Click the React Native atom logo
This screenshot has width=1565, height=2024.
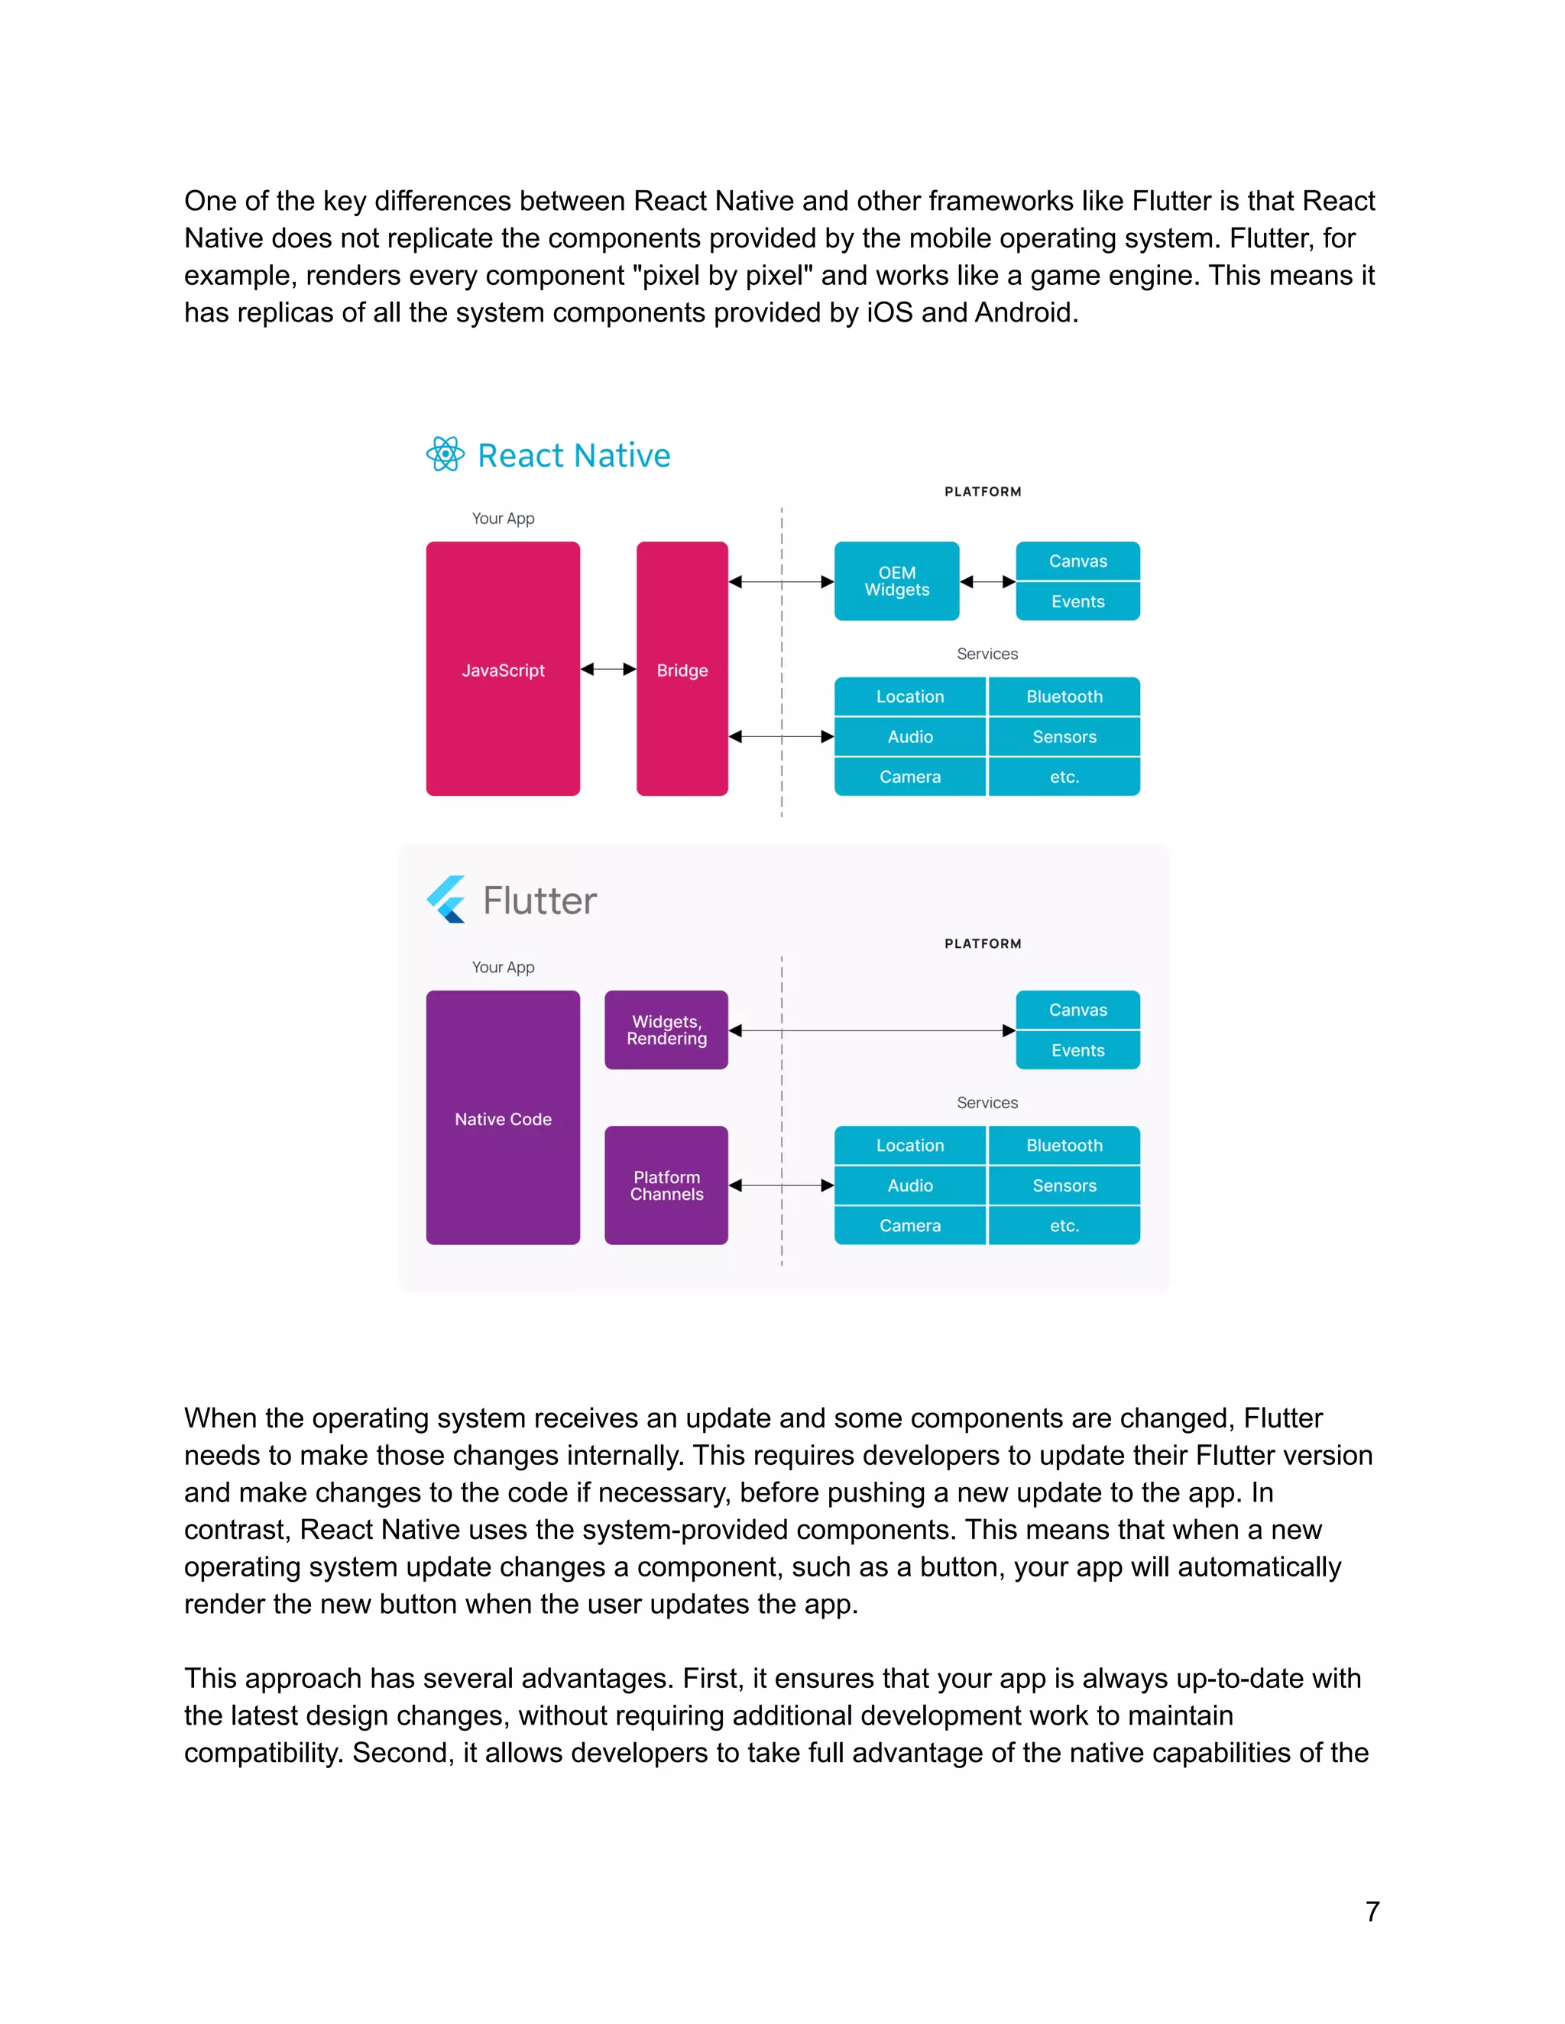(x=445, y=454)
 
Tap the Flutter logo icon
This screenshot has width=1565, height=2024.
(x=447, y=899)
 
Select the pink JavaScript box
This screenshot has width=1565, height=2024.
(x=503, y=669)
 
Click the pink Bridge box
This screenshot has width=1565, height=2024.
(x=682, y=669)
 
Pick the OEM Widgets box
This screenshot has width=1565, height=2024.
(x=896, y=581)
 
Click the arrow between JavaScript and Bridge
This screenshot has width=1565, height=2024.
(x=608, y=669)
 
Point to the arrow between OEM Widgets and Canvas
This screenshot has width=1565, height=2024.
(x=987, y=582)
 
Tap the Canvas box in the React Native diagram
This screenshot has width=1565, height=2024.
(x=1077, y=561)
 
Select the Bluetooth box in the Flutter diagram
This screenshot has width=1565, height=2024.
(x=1064, y=1146)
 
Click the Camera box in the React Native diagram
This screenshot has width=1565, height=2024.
(x=909, y=777)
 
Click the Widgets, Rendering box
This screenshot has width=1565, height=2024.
(x=666, y=1030)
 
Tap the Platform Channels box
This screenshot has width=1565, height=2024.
(x=666, y=1185)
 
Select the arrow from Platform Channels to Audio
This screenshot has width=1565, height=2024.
(x=781, y=1185)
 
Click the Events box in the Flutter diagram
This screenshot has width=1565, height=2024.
(x=1077, y=1050)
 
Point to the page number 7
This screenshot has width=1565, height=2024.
(x=1372, y=1911)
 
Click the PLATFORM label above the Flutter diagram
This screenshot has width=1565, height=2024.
(x=983, y=943)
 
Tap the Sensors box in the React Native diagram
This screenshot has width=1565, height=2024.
(x=1064, y=737)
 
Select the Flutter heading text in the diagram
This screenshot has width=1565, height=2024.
(x=539, y=900)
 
